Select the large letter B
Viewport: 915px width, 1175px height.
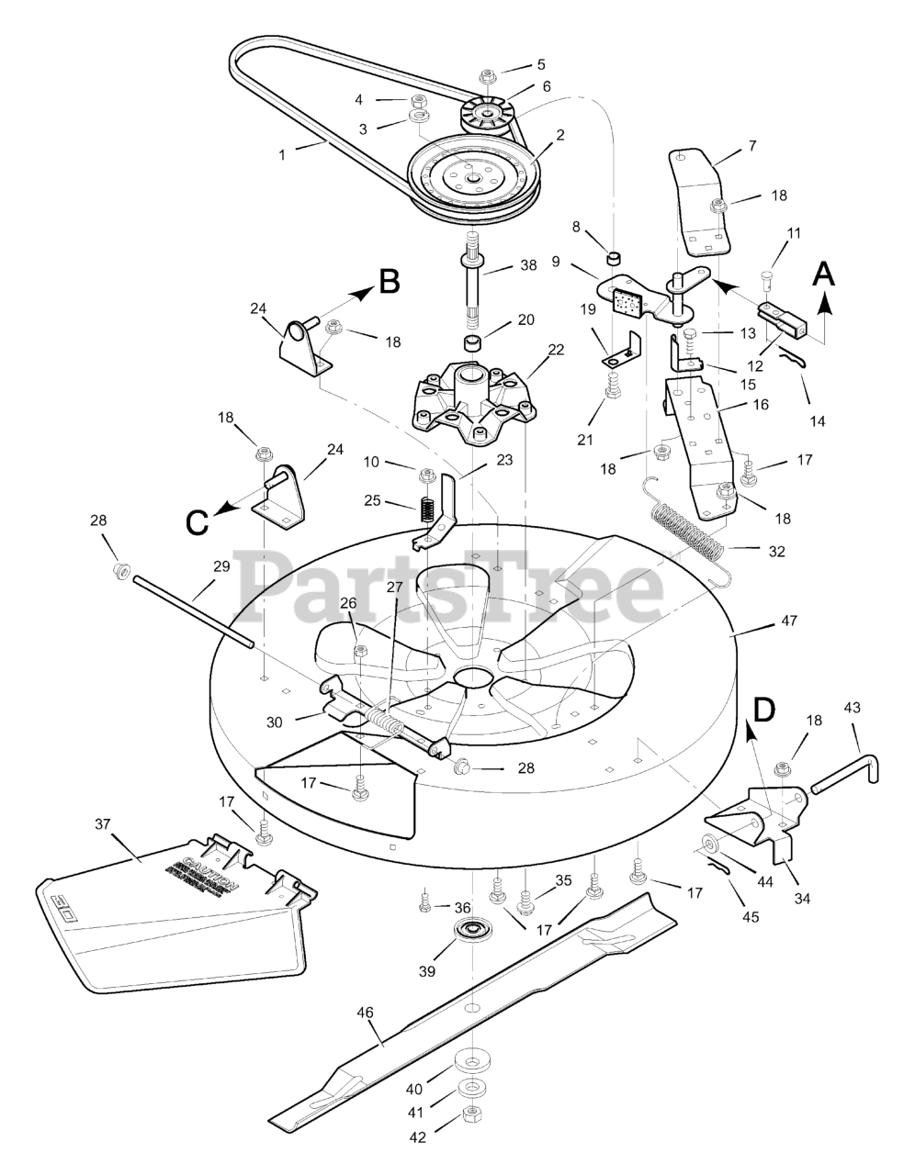[390, 281]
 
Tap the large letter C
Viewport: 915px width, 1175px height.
[196, 521]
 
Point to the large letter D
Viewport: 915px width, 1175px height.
[763, 710]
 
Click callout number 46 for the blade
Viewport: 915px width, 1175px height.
[365, 1013]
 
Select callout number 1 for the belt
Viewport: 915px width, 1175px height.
[283, 155]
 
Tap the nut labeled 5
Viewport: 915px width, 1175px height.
[488, 73]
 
